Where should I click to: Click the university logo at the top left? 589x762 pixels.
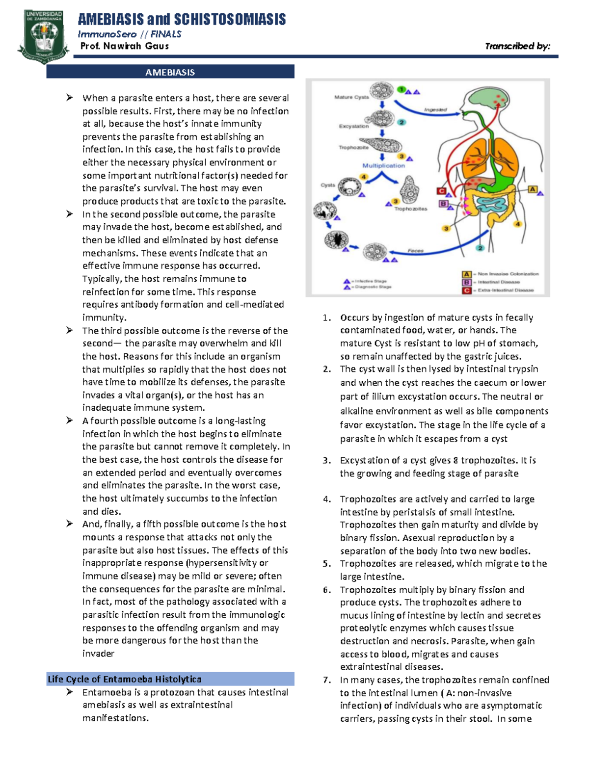(43, 37)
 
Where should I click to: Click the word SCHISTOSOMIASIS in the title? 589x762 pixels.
(230, 20)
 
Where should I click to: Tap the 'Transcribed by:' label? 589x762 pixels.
(517, 46)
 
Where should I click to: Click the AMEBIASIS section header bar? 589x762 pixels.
(170, 72)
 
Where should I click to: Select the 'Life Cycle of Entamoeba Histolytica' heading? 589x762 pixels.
(125, 679)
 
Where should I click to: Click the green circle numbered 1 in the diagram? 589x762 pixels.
(402, 90)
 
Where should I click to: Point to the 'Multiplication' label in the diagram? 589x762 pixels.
(383, 165)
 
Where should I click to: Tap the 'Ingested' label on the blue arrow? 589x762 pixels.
(435, 110)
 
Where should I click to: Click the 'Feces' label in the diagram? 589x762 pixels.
(415, 251)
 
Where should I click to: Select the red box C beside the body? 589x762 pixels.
(442, 191)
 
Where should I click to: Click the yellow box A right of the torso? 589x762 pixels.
(533, 189)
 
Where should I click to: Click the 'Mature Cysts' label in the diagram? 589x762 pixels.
(351, 97)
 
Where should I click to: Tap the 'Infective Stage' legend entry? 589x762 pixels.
(371, 281)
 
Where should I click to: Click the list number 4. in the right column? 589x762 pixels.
(327, 499)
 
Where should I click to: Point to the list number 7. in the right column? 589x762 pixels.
(327, 680)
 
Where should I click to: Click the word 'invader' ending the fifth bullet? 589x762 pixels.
(98, 654)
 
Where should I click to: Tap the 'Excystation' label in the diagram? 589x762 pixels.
(353, 126)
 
